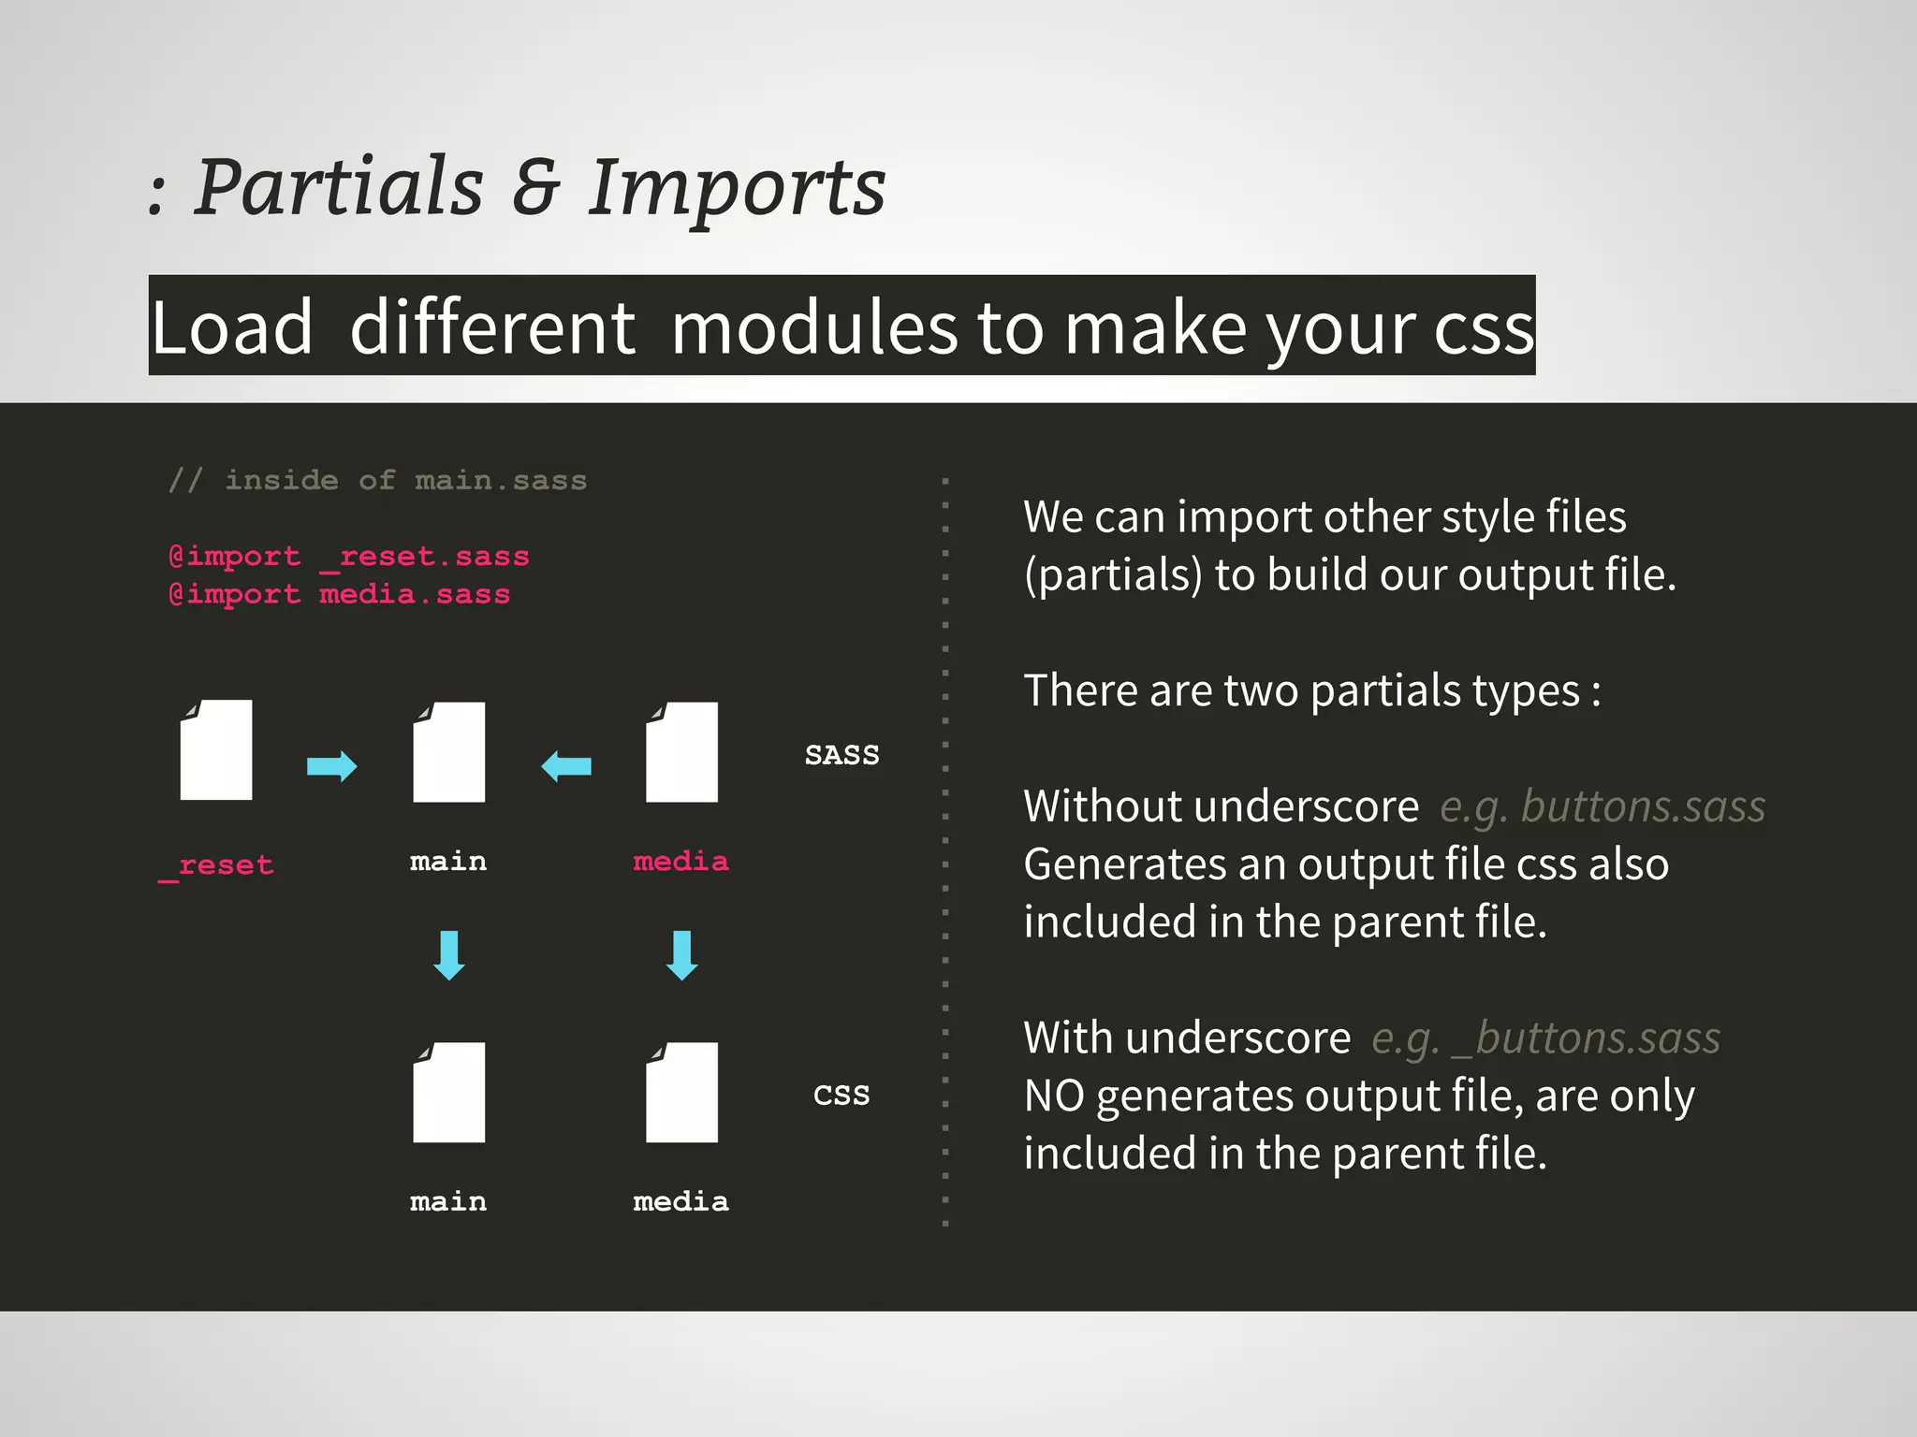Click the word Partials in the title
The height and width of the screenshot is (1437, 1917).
coord(339,187)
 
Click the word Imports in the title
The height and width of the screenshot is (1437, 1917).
coord(737,187)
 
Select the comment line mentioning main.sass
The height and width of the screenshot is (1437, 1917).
coord(377,480)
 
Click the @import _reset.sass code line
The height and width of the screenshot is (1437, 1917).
coord(348,557)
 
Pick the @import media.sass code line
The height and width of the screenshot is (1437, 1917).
coord(339,594)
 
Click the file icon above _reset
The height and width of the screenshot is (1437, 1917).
coord(216,750)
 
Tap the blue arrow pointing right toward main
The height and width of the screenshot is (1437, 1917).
coord(331,766)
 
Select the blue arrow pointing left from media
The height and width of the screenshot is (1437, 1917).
coord(566,766)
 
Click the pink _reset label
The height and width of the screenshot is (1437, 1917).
coord(216,865)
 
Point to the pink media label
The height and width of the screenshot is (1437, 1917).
coord(680,861)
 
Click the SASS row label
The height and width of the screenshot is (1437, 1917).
coord(841,755)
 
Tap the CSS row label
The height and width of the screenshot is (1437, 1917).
coord(841,1094)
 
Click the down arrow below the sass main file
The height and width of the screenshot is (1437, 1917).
coord(449,955)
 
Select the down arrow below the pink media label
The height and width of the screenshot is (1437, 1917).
coord(681,955)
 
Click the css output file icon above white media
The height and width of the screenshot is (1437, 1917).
coord(681,1092)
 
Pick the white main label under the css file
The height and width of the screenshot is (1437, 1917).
coord(448,1201)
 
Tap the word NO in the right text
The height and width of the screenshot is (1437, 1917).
coord(1054,1096)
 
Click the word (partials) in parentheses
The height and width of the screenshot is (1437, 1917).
coord(1113,574)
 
